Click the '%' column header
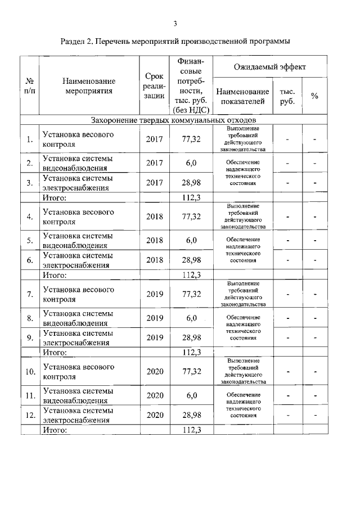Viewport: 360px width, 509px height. (314, 96)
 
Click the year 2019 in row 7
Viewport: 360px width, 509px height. (154, 294)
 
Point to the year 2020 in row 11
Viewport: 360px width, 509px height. (154, 395)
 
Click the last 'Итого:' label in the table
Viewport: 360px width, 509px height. (55, 430)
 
